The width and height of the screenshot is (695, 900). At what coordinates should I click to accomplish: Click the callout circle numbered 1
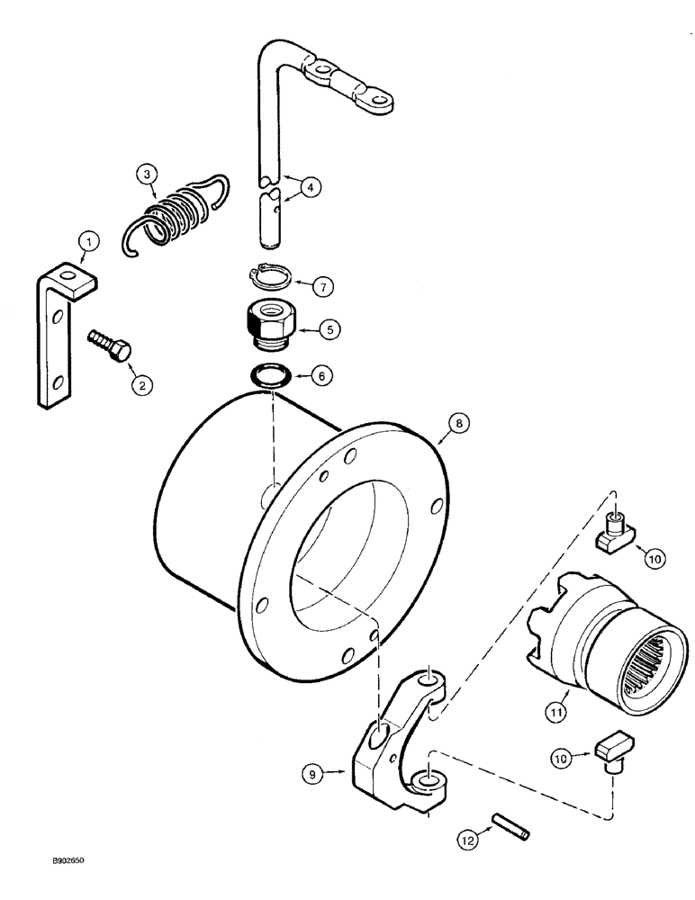tap(86, 240)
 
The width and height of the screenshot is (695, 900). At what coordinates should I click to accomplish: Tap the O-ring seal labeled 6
tap(268, 373)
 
